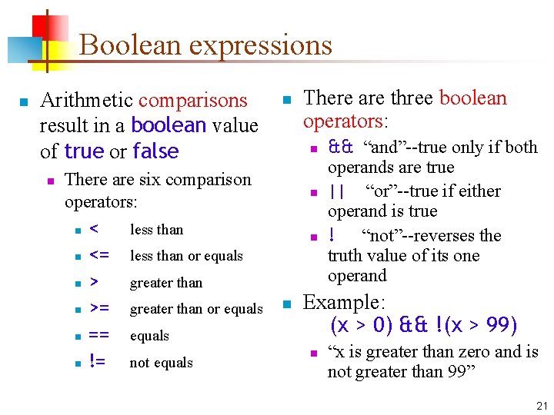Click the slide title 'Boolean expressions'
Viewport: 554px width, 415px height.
pos(205,45)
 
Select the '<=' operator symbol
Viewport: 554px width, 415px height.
pos(99,255)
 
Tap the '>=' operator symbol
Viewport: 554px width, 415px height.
pos(99,308)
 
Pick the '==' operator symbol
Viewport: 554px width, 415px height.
pos(98,335)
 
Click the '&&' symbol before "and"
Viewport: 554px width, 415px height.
pos(339,147)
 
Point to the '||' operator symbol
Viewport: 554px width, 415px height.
pos(336,191)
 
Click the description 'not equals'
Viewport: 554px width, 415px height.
pos(162,363)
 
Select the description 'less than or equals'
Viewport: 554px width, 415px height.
pos(186,256)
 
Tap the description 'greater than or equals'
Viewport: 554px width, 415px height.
pos(196,309)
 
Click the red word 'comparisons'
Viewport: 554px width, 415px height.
pos(192,101)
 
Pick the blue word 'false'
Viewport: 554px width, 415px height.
pos(155,151)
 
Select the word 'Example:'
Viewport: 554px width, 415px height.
pos(343,302)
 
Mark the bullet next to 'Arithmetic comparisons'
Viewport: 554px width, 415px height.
pos(24,101)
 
